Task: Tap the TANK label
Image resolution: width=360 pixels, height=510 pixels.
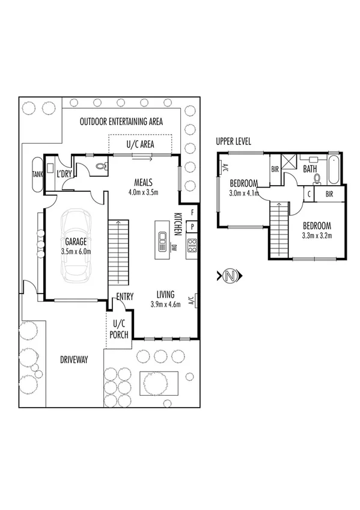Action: [37, 174]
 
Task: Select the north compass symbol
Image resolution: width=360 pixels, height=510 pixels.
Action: [228, 276]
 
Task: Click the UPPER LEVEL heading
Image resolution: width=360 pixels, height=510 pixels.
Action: [233, 141]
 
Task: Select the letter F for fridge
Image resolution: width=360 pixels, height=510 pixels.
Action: [192, 212]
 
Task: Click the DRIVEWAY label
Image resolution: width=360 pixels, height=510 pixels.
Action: [74, 360]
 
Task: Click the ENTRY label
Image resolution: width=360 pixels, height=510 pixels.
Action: [125, 296]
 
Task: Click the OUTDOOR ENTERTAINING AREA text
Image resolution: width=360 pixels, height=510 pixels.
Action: [121, 121]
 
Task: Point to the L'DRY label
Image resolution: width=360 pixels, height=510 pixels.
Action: [64, 174]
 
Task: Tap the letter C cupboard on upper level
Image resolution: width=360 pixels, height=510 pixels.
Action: [308, 194]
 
